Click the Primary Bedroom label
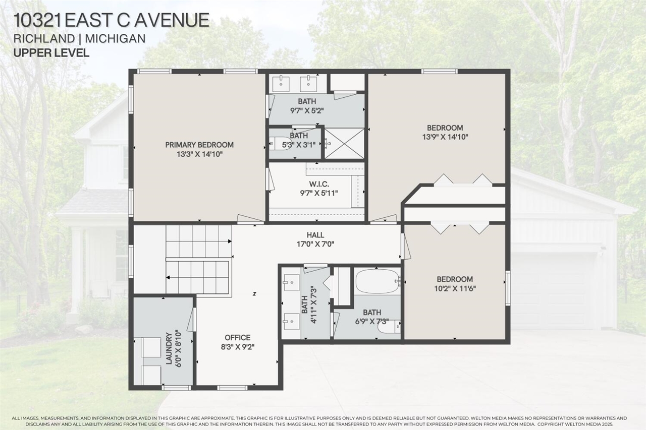tap(199, 145)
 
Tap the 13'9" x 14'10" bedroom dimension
tap(445, 137)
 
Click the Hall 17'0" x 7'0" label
tap(315, 235)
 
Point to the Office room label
tap(237, 337)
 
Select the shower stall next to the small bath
tap(344, 143)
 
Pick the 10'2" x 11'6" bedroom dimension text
tap(455, 288)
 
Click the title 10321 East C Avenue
tap(111, 20)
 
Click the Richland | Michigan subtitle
tap(80, 39)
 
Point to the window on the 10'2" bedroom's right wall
tap(508, 288)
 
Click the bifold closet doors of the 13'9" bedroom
tap(463, 180)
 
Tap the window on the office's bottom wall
tap(232, 387)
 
